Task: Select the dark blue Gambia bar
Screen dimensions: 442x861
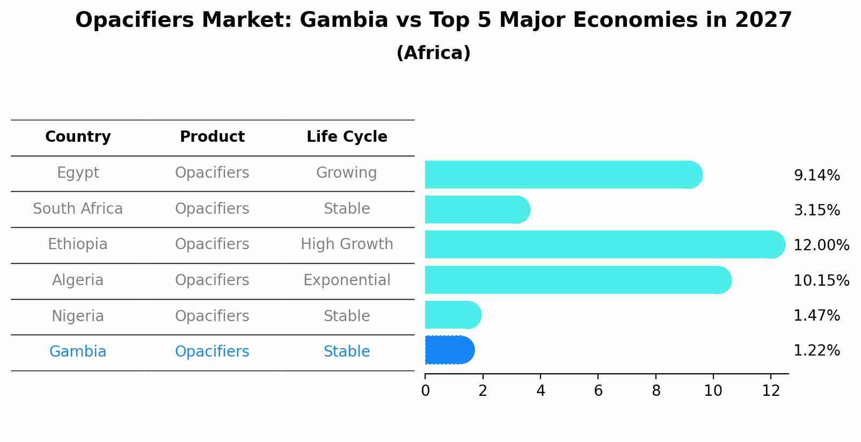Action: pyautogui.click(x=449, y=350)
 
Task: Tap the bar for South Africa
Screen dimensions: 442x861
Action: pyautogui.click(x=477, y=209)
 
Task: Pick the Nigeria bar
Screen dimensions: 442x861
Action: pyautogui.click(x=453, y=315)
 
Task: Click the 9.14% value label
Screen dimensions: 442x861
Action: pyautogui.click(x=816, y=176)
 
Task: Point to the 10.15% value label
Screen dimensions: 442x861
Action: pyautogui.click(x=821, y=280)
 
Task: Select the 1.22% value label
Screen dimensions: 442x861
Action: pyautogui.click(x=816, y=351)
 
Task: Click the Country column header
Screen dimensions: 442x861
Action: pyautogui.click(x=78, y=137)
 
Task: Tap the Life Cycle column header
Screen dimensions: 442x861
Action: pyautogui.click(x=347, y=137)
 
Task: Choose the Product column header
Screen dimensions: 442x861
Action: pyautogui.click(x=212, y=137)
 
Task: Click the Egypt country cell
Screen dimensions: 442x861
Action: pyautogui.click(x=78, y=173)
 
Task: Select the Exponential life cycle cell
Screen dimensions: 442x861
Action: pyautogui.click(x=347, y=280)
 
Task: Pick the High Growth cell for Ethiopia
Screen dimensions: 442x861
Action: pyautogui.click(x=347, y=244)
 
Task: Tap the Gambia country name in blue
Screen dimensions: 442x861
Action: pyautogui.click(x=78, y=352)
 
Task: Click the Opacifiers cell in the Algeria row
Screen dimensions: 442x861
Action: pyautogui.click(x=212, y=280)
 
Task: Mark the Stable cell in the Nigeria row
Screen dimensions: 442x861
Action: pyautogui.click(x=347, y=316)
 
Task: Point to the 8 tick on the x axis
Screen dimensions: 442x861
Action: pyautogui.click(x=656, y=391)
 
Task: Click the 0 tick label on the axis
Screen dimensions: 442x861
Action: pyautogui.click(x=425, y=391)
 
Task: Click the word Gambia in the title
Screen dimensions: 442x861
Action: pyautogui.click(x=344, y=20)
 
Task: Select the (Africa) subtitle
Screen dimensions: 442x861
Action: pyautogui.click(x=433, y=53)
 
